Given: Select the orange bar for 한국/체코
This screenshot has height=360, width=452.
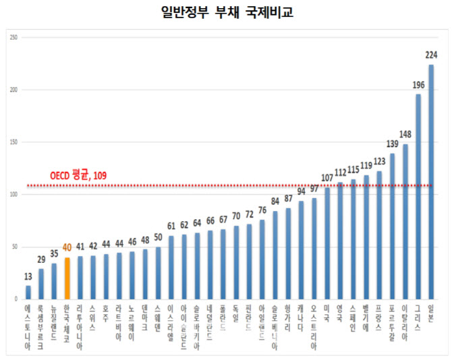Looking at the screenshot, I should tap(67, 278).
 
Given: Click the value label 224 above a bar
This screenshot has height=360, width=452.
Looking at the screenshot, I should tap(431, 56).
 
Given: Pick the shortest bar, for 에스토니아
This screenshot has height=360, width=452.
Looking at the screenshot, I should tap(28, 292).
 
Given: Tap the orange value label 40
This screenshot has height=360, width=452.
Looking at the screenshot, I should tap(67, 248).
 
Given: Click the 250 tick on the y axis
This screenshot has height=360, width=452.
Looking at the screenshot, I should tap(13, 37).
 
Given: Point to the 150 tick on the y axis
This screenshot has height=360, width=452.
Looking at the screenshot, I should tap(13, 142).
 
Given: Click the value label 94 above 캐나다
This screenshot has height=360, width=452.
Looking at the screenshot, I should tap(302, 191).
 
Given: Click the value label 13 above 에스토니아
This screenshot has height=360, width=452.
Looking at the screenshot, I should tap(28, 276).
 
